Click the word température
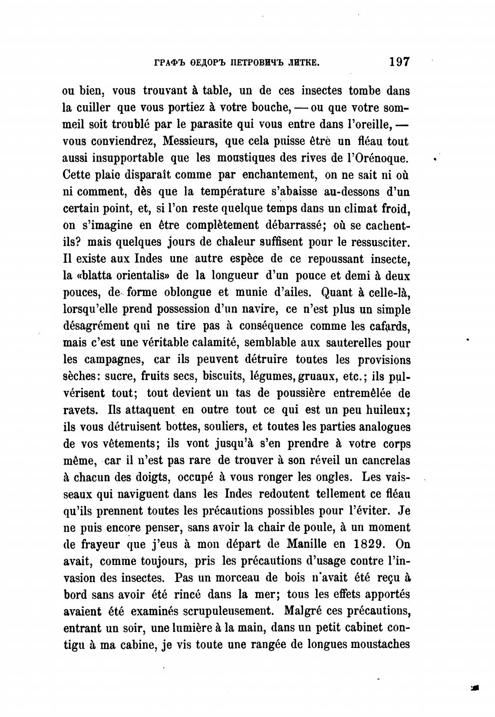point(231,192)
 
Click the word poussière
point(284,393)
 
